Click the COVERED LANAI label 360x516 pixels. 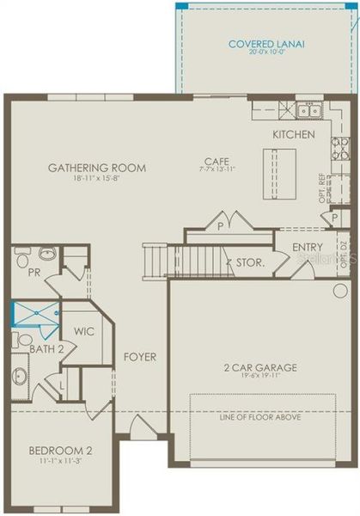tap(267, 44)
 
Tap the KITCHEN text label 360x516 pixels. tap(294, 135)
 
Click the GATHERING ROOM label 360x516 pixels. tap(96, 168)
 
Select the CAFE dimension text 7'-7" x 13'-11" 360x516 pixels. tap(213, 169)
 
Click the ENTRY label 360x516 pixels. tap(308, 248)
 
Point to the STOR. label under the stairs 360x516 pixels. tap(248, 263)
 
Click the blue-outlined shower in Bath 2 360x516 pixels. tap(34, 314)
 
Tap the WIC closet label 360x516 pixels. tap(83, 330)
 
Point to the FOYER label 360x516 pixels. tap(139, 356)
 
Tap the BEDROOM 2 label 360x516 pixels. tap(60, 451)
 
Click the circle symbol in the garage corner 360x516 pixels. tap(340, 291)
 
